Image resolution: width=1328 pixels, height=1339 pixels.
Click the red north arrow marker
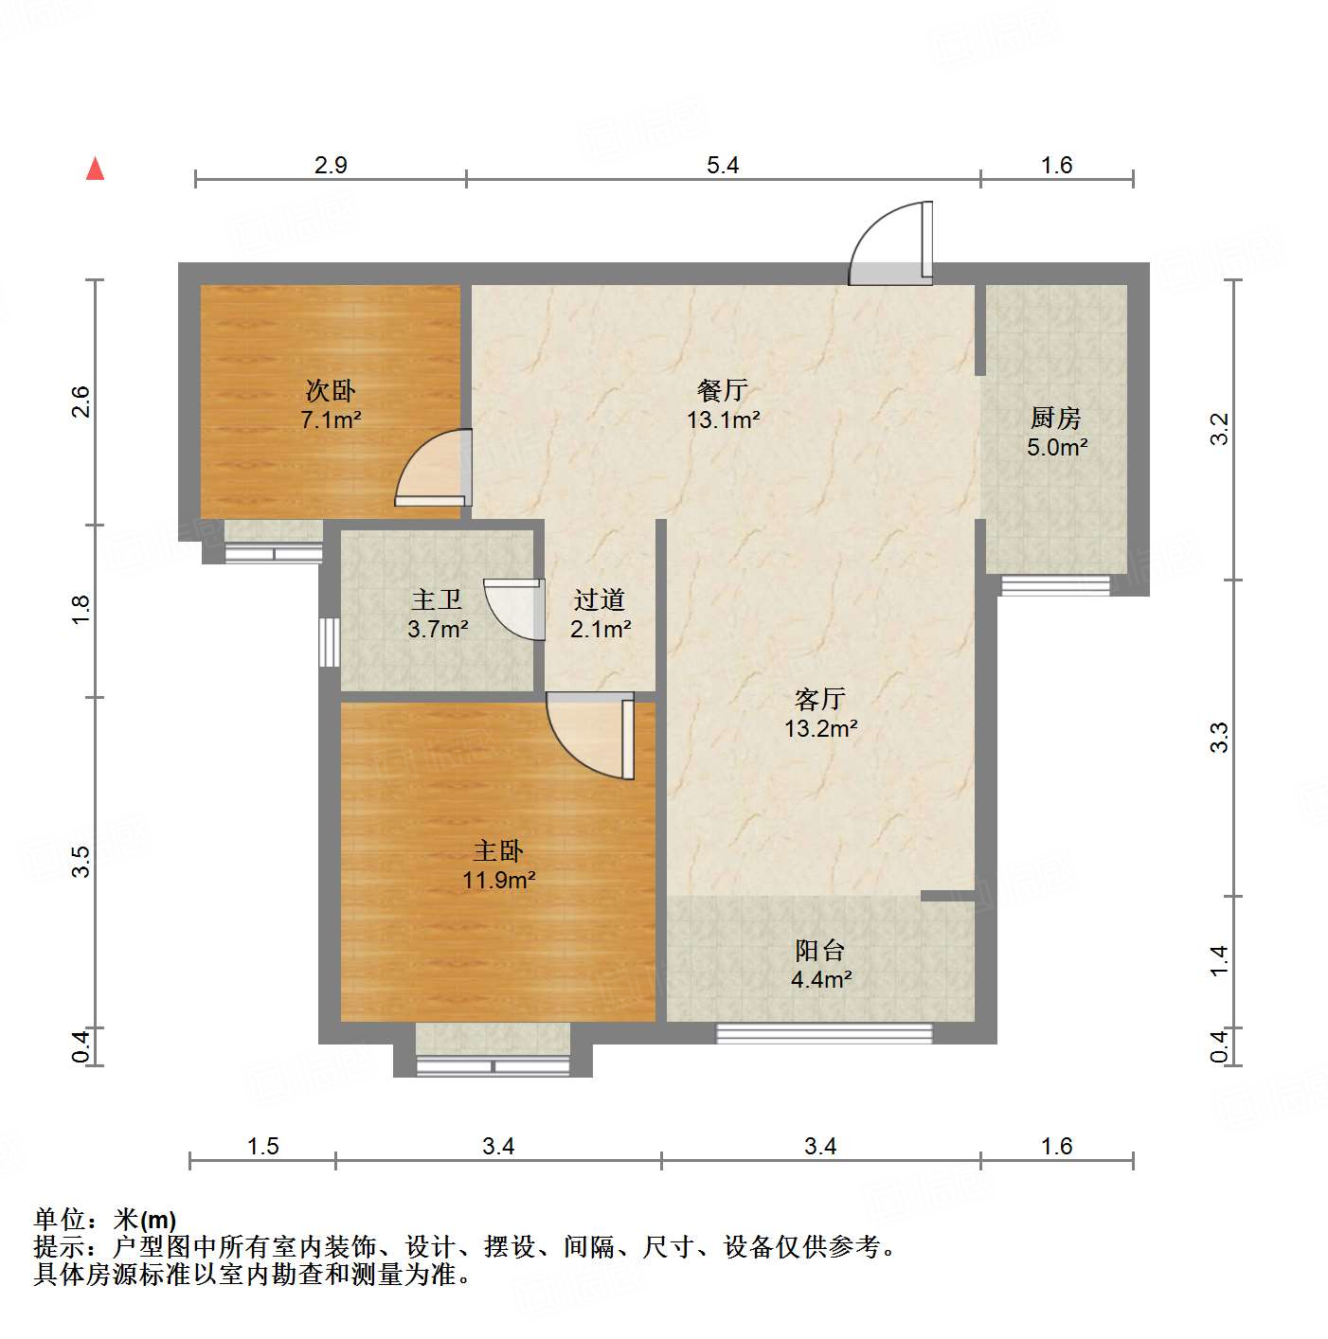click(95, 169)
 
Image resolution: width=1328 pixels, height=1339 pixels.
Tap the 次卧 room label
click(331, 389)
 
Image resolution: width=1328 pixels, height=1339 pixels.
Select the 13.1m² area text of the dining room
click(724, 420)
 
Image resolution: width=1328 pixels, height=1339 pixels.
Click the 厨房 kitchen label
click(1056, 417)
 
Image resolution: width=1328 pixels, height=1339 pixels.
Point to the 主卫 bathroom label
click(437, 598)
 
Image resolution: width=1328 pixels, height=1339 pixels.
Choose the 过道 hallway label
click(599, 598)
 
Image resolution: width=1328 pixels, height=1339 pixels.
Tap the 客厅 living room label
click(820, 699)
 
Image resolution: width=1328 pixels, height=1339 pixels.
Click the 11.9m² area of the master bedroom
click(499, 880)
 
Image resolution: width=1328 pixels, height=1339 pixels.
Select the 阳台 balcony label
click(820, 950)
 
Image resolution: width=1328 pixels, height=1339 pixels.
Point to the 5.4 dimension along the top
click(723, 165)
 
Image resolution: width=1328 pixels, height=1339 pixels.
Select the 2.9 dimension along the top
click(331, 165)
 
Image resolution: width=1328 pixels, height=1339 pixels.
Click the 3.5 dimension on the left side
click(81, 861)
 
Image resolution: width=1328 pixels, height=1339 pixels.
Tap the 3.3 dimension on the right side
click(1220, 737)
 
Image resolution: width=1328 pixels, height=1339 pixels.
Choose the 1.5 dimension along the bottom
click(263, 1146)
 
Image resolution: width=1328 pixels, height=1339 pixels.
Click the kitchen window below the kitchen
click(1055, 585)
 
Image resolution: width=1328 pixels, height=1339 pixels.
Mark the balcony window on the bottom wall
click(824, 1033)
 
